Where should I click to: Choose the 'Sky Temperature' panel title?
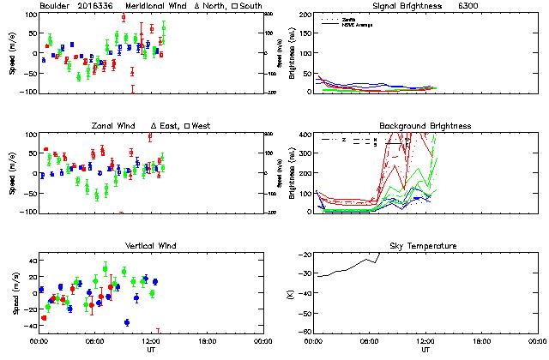pyautogui.click(x=425, y=246)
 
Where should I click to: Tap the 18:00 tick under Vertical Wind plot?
pyautogui.click(x=205, y=341)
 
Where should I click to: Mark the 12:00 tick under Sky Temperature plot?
pyautogui.click(x=425, y=341)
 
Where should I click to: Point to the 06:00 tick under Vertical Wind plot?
pyautogui.click(x=94, y=341)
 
